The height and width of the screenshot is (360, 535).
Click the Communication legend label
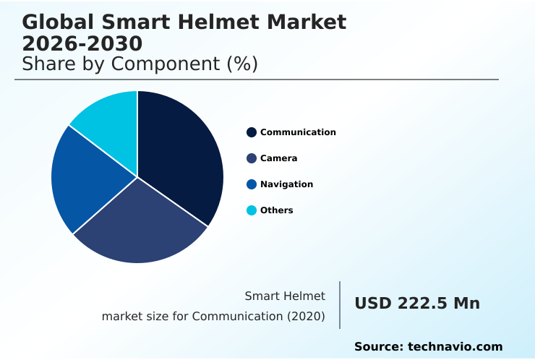[298, 132]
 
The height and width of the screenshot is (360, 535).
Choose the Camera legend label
[278, 158]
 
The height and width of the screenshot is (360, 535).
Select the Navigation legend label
[286, 184]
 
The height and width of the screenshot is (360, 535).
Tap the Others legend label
[276, 210]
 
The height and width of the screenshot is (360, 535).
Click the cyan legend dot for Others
[252, 210]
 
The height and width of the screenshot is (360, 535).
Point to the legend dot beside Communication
[252, 132]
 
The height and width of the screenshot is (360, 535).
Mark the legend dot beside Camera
[252, 158]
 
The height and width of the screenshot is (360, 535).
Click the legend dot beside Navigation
[252, 184]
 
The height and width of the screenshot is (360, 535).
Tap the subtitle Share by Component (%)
[140, 64]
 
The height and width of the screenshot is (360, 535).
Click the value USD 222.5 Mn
[416, 304]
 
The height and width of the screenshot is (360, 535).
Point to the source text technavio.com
[455, 347]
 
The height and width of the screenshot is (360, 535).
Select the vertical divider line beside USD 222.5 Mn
[340, 305]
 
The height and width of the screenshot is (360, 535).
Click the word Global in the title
[57, 22]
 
